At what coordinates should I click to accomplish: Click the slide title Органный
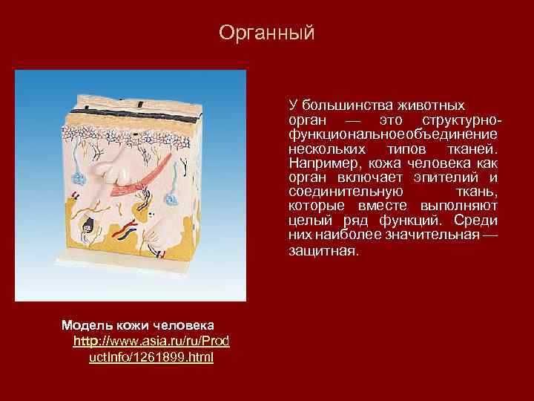point(267,33)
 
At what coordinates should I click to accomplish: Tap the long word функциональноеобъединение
point(393,134)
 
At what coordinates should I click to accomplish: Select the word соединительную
point(340,191)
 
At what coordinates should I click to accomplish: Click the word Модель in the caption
point(85,325)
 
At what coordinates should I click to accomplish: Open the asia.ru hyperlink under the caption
point(151,349)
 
